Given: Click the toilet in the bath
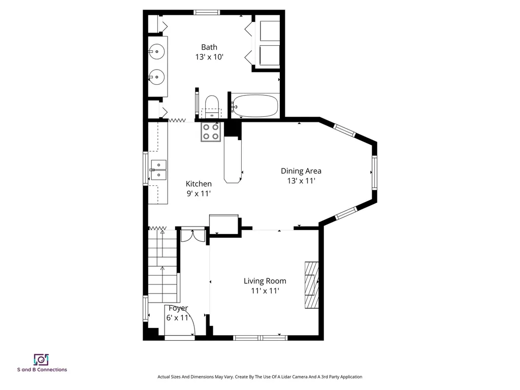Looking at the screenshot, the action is point(212,106).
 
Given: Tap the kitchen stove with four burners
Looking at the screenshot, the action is point(211,132).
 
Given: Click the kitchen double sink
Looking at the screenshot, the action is point(158,170).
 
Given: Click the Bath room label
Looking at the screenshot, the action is point(209,47).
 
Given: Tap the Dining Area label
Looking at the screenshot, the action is point(301,171).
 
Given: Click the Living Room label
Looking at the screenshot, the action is point(265,281).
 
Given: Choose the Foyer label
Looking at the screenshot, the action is point(178,308).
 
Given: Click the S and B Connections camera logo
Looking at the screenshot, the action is point(42,360).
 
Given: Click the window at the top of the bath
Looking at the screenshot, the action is point(207,13).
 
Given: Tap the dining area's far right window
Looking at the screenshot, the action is point(374,173).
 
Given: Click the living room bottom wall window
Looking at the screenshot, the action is point(261,338).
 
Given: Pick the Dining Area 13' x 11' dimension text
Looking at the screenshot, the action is point(301,181).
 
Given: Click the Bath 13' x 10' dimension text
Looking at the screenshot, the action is point(209,57).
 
